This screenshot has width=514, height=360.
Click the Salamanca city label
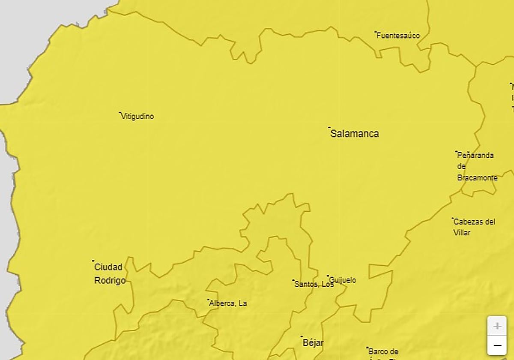click(355, 134)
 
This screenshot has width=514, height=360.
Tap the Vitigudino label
click(137, 116)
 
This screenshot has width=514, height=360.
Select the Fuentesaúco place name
click(398, 36)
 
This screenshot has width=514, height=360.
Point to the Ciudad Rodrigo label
click(110, 273)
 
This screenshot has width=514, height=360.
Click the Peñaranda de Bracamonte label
click(477, 166)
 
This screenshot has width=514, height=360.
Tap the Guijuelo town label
click(343, 280)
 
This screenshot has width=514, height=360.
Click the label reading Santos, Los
click(314, 284)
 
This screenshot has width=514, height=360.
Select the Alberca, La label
click(228, 303)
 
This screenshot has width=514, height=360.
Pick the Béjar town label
click(313, 343)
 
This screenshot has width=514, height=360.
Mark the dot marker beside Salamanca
click(329, 127)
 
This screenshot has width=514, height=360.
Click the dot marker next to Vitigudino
click(120, 113)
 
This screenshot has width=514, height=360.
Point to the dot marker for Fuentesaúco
click(376, 32)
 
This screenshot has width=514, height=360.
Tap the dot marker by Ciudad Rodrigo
click(93, 261)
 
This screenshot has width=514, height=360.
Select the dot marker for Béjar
click(302, 336)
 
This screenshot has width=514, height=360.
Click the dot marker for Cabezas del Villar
click(453, 218)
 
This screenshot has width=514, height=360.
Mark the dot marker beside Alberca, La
click(208, 300)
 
